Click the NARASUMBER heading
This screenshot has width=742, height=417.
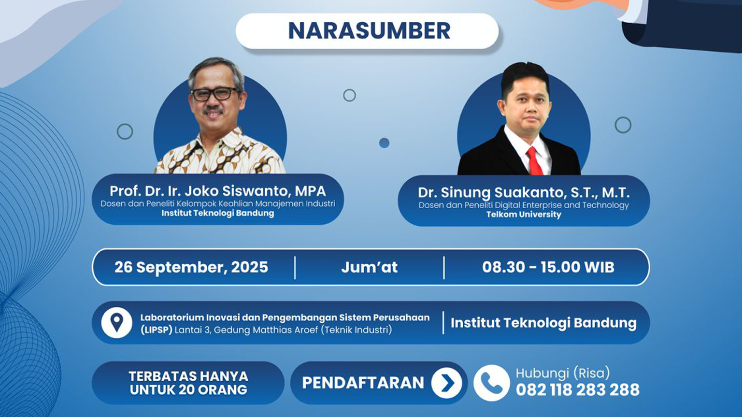point(369,31)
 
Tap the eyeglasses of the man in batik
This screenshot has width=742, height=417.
point(214,94)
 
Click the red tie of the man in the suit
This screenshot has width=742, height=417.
point(534,161)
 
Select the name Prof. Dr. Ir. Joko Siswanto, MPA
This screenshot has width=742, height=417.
point(217,191)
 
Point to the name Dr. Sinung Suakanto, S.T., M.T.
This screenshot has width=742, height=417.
point(524,192)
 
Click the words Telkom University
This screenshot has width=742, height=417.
point(524,215)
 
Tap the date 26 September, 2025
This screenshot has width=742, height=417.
point(191,267)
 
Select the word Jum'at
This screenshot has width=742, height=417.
point(369,267)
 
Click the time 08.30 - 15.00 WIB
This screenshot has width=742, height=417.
point(548,267)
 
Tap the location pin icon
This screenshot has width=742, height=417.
point(116,322)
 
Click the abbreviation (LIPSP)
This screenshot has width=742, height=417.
point(156,330)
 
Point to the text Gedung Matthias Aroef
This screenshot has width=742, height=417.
point(266,330)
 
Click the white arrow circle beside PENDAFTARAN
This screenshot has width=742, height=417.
point(447,383)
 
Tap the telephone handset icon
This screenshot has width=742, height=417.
point(491,383)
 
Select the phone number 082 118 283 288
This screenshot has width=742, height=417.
point(577,390)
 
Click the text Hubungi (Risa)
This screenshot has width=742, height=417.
point(563,373)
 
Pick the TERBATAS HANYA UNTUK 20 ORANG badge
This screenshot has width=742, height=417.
point(188,383)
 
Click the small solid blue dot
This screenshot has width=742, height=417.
point(384,143)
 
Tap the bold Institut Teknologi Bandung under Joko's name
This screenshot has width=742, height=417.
point(217,213)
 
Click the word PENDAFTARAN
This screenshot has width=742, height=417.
point(363,383)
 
